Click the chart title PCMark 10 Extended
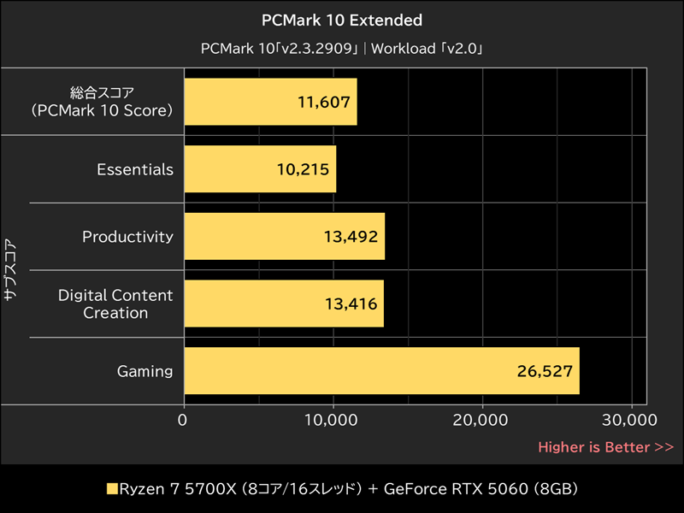pos(342,20)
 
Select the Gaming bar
pos(381,371)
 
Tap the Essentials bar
pos(260,169)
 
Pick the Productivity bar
pos(284,237)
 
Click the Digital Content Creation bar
pos(283,304)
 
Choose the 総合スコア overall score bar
pos(270,102)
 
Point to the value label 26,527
pos(545,372)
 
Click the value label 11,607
pos(323,103)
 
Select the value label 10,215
pos(303,170)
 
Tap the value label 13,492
pos(351,237)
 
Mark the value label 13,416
pos(350,304)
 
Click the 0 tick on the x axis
pos(183,420)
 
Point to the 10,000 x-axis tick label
pos(333,420)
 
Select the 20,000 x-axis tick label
pos(482,420)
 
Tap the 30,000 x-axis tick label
pos(631,420)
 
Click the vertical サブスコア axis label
pos(10,268)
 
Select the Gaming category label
pos(144,371)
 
